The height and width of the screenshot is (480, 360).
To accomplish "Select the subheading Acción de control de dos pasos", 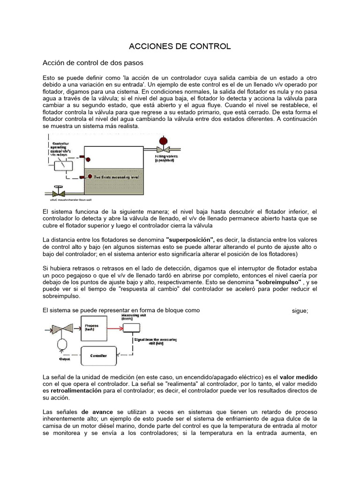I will point(93,62).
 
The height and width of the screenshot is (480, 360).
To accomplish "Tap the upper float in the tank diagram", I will point(82,157).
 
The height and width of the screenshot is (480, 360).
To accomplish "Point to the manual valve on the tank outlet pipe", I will point(59,192).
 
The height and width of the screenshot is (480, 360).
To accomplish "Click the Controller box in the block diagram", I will point(98,356).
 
